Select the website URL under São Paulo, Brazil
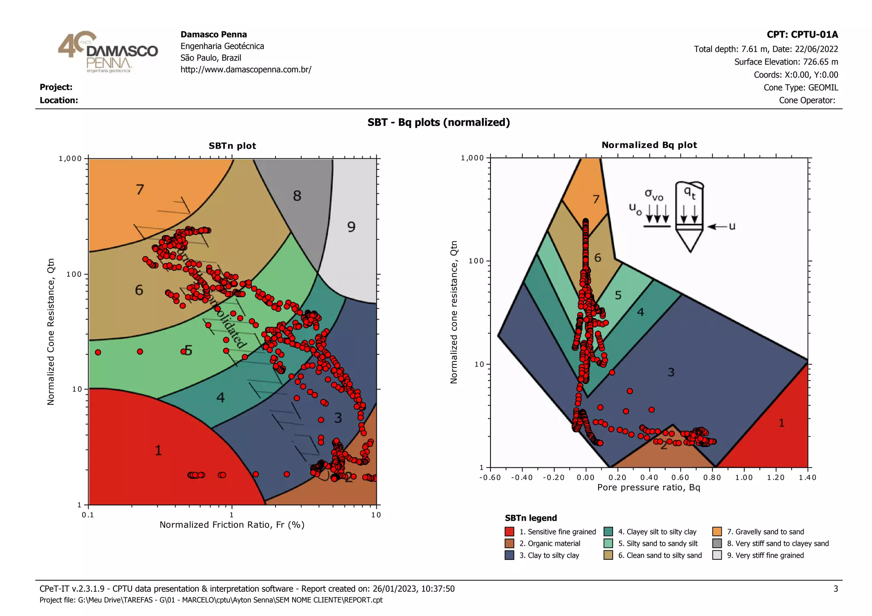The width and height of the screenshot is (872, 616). (x=246, y=69)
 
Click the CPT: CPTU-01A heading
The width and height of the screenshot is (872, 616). (x=802, y=34)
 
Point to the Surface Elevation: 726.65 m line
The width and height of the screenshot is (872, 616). (x=786, y=62)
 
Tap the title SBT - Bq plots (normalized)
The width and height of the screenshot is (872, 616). (x=439, y=123)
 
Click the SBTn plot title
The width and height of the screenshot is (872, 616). (x=232, y=146)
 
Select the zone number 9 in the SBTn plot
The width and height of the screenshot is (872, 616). (x=351, y=227)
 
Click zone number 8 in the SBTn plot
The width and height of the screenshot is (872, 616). (x=297, y=196)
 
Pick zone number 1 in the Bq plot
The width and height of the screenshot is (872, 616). (x=781, y=423)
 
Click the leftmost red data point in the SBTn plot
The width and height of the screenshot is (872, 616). (x=98, y=352)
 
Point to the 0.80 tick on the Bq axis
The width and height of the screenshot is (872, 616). (x=712, y=477)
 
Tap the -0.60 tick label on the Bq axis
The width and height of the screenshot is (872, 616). (x=490, y=477)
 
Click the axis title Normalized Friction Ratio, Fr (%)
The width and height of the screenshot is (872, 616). (x=232, y=524)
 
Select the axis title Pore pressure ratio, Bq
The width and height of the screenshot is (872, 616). (x=648, y=487)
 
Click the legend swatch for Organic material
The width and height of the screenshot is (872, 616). (x=509, y=544)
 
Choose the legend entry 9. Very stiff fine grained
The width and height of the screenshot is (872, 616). (x=765, y=555)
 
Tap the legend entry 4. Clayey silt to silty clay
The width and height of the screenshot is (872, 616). (x=657, y=532)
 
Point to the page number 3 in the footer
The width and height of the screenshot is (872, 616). (x=835, y=589)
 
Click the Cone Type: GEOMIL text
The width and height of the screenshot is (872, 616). (x=800, y=88)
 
